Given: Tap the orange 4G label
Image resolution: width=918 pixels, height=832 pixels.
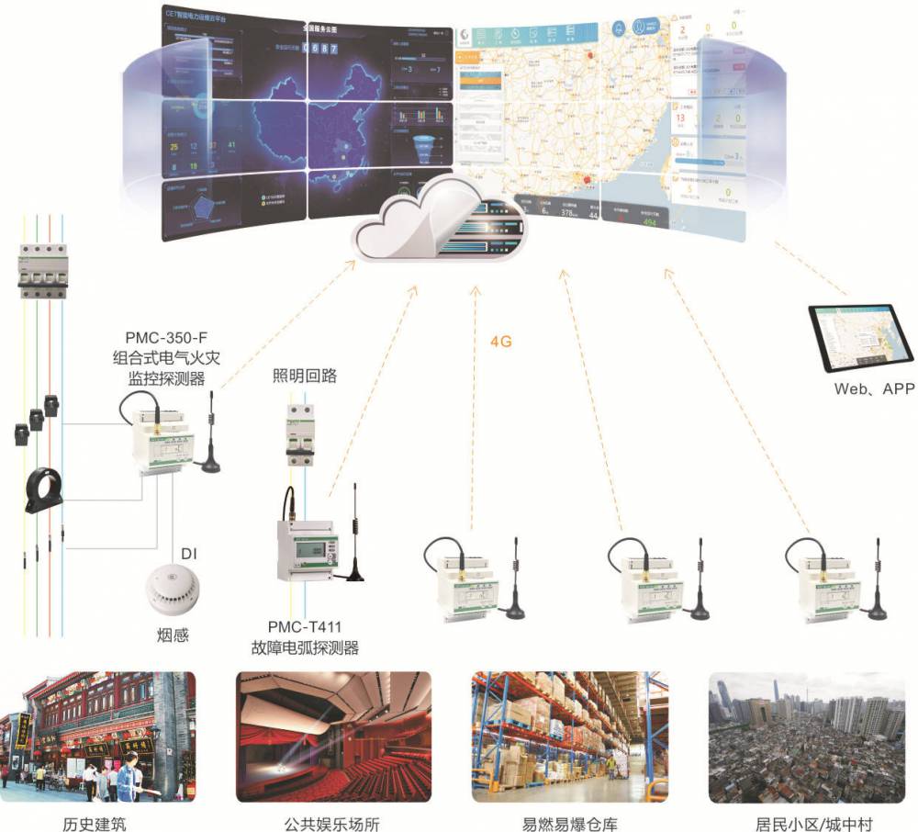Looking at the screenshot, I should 500,341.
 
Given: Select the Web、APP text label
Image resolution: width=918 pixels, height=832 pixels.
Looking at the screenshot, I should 874,388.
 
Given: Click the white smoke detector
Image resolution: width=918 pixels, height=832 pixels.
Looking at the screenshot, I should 174,588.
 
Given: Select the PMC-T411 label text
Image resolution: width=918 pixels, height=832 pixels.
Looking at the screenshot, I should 304,626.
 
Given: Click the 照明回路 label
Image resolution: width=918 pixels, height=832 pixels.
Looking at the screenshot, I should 305,376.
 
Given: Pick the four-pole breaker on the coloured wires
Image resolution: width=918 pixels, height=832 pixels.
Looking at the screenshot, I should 40,268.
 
